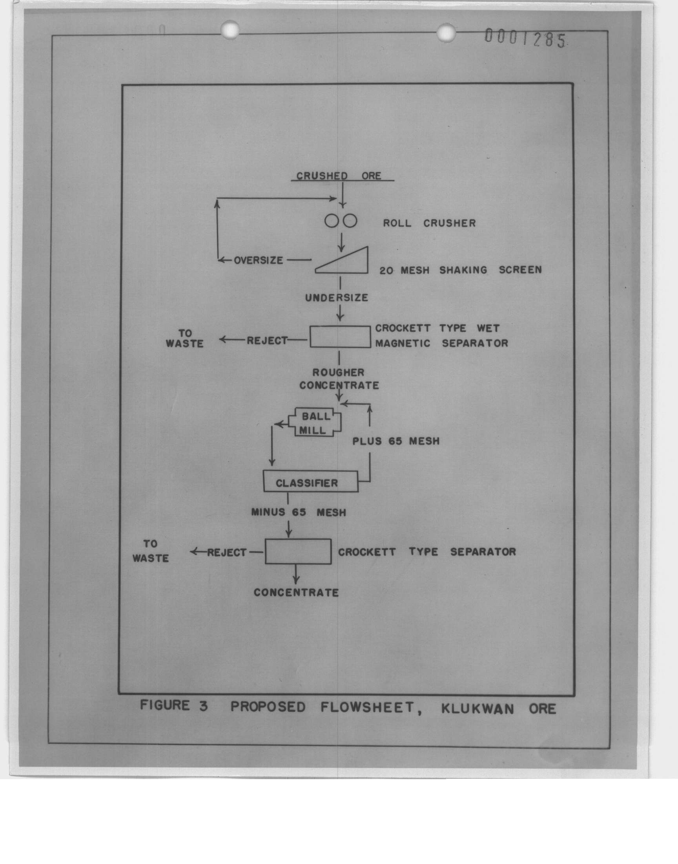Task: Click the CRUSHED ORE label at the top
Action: [x=339, y=176]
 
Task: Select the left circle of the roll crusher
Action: [x=332, y=221]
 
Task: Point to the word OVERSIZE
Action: [x=259, y=261]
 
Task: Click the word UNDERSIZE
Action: [x=337, y=298]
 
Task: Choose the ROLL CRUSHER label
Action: [x=429, y=223]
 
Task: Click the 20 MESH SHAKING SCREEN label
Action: [x=461, y=270]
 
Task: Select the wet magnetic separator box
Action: [x=340, y=337]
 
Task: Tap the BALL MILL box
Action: [x=314, y=423]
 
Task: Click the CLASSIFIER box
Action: [x=311, y=482]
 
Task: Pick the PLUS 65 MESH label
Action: [x=396, y=441]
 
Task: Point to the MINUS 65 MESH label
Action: [x=299, y=513]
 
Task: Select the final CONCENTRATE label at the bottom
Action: [x=296, y=593]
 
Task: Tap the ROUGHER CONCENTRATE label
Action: [x=339, y=379]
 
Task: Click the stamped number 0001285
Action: [x=525, y=39]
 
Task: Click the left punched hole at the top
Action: [x=230, y=30]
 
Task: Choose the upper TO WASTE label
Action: [x=184, y=339]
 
